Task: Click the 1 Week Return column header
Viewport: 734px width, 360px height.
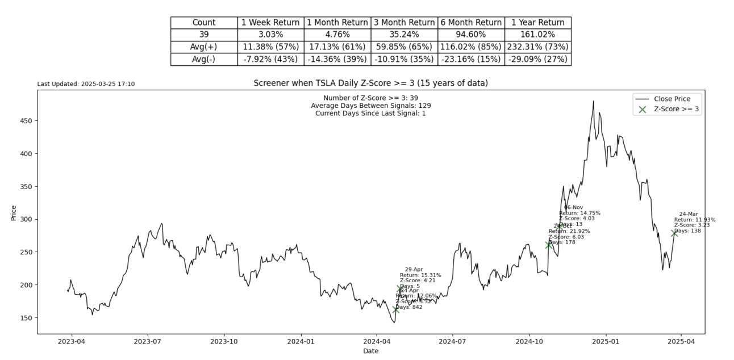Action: point(270,23)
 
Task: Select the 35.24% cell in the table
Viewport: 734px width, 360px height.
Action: point(404,35)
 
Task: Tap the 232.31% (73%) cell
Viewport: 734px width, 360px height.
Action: point(537,47)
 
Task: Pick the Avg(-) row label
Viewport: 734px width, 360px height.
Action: point(204,59)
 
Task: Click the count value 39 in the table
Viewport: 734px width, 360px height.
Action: point(204,35)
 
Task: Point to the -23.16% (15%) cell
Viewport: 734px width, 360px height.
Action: point(471,59)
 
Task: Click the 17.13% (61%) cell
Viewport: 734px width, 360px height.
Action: point(337,47)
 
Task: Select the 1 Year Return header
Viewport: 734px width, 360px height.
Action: point(537,23)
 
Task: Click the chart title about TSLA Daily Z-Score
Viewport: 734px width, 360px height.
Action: point(370,83)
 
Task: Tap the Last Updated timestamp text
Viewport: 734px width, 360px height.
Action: point(86,84)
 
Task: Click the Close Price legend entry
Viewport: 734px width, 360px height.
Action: point(672,99)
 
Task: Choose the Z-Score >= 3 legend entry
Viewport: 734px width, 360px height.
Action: point(676,109)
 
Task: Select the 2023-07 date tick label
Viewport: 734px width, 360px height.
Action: point(148,342)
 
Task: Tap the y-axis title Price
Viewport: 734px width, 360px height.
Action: point(14,212)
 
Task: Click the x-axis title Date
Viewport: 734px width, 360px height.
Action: point(370,351)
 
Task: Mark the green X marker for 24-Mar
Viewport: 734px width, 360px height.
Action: point(674,233)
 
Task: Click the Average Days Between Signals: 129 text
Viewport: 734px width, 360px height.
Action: point(370,106)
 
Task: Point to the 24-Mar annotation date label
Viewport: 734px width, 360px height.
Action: point(689,214)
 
